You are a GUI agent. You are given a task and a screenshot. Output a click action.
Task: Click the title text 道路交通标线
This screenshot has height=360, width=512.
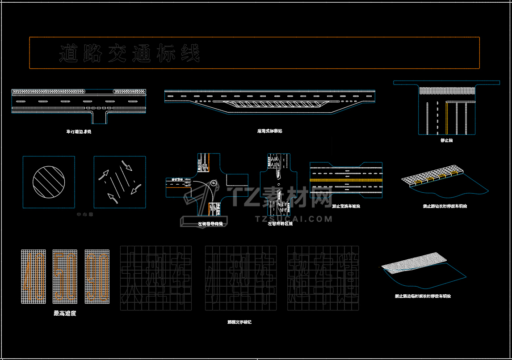click(x=129, y=54)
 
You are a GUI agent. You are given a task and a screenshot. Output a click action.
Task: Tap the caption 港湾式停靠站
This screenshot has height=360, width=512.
click(x=269, y=131)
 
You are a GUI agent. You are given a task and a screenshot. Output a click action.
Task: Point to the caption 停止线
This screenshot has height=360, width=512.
click(x=446, y=140)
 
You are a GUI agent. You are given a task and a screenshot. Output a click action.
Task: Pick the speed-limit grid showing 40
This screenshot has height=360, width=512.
click(x=33, y=276)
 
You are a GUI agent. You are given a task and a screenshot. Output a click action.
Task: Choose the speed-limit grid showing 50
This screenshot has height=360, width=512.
click(x=65, y=276)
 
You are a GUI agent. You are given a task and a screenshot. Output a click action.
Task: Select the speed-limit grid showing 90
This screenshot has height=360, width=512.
click(x=97, y=276)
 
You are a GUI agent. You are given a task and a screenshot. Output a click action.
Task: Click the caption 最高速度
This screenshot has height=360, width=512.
click(x=65, y=313)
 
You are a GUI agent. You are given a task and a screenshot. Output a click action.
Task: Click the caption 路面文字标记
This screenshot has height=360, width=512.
click(x=239, y=322)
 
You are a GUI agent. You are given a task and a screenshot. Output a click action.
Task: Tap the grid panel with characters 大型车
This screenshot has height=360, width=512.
click(x=156, y=278)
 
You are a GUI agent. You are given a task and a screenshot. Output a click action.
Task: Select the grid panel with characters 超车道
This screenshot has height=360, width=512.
click(x=323, y=278)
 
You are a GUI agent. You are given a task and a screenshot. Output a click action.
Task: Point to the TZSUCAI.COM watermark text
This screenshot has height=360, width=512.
click(x=294, y=219)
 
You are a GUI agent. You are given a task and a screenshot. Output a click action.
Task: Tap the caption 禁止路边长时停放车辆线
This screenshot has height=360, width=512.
click(x=445, y=207)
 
